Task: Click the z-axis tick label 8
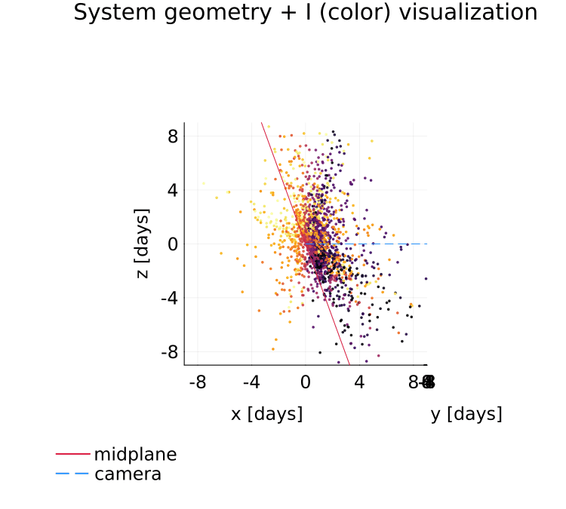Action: (x=173, y=136)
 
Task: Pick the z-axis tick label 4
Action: (x=173, y=190)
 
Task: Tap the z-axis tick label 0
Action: (x=173, y=244)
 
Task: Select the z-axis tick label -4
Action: (x=169, y=298)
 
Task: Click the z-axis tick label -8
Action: (x=169, y=352)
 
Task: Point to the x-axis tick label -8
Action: (x=197, y=383)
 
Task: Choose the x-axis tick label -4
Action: (x=251, y=383)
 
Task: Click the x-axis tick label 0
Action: (x=306, y=383)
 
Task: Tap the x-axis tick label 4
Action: (x=359, y=383)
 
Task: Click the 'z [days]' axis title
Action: (x=142, y=244)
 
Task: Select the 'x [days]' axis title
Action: (x=266, y=414)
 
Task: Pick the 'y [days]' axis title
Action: (x=466, y=414)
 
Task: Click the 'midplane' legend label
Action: (x=135, y=455)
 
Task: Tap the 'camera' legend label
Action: (x=128, y=474)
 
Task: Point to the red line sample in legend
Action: (x=72, y=455)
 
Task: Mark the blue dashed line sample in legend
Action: (x=72, y=474)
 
